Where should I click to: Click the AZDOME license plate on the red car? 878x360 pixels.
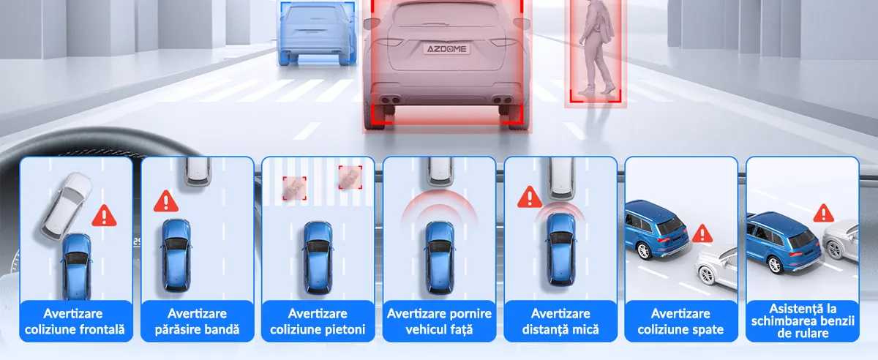[446, 49]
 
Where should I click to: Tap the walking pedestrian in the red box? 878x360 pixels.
[596, 47]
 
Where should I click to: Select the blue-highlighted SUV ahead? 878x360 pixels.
[318, 33]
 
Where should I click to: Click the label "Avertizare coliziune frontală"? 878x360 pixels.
[75, 321]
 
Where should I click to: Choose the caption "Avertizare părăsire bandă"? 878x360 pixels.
[197, 321]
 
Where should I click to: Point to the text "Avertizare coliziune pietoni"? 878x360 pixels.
[318, 321]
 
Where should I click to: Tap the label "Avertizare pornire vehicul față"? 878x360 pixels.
[439, 321]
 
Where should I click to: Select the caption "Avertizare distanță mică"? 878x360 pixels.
[560, 321]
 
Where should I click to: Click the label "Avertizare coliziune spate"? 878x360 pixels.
[680, 321]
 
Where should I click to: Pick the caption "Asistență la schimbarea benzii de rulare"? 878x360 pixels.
[803, 320]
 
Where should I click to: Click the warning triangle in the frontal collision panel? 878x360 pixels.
[104, 216]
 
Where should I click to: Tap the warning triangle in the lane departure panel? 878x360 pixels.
[166, 201]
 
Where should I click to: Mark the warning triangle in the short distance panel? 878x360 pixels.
[530, 197]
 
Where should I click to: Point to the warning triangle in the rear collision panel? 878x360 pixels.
[702, 233]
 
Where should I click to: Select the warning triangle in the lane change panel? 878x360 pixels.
[824, 214]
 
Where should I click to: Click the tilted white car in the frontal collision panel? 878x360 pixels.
[66, 206]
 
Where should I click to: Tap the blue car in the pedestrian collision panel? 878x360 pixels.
[318, 258]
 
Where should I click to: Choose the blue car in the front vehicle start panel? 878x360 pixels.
[440, 258]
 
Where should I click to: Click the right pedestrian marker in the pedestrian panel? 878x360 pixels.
[350, 177]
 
